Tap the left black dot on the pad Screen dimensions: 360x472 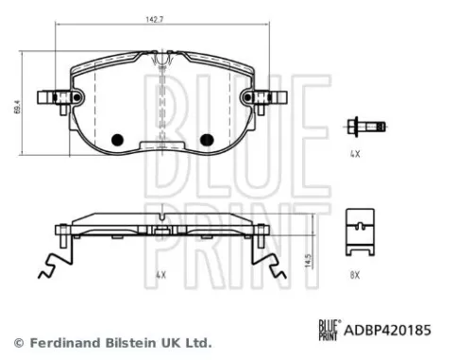(118, 140)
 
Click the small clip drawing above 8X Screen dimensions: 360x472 (359, 234)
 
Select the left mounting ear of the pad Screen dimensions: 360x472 (53, 97)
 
